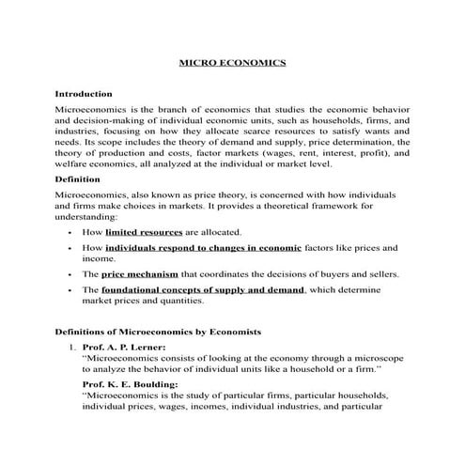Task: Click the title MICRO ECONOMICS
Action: [232, 65]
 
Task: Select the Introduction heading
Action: [84, 95]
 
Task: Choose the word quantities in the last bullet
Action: [175, 302]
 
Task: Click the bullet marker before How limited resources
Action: [72, 232]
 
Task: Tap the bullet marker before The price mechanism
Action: [72, 275]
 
